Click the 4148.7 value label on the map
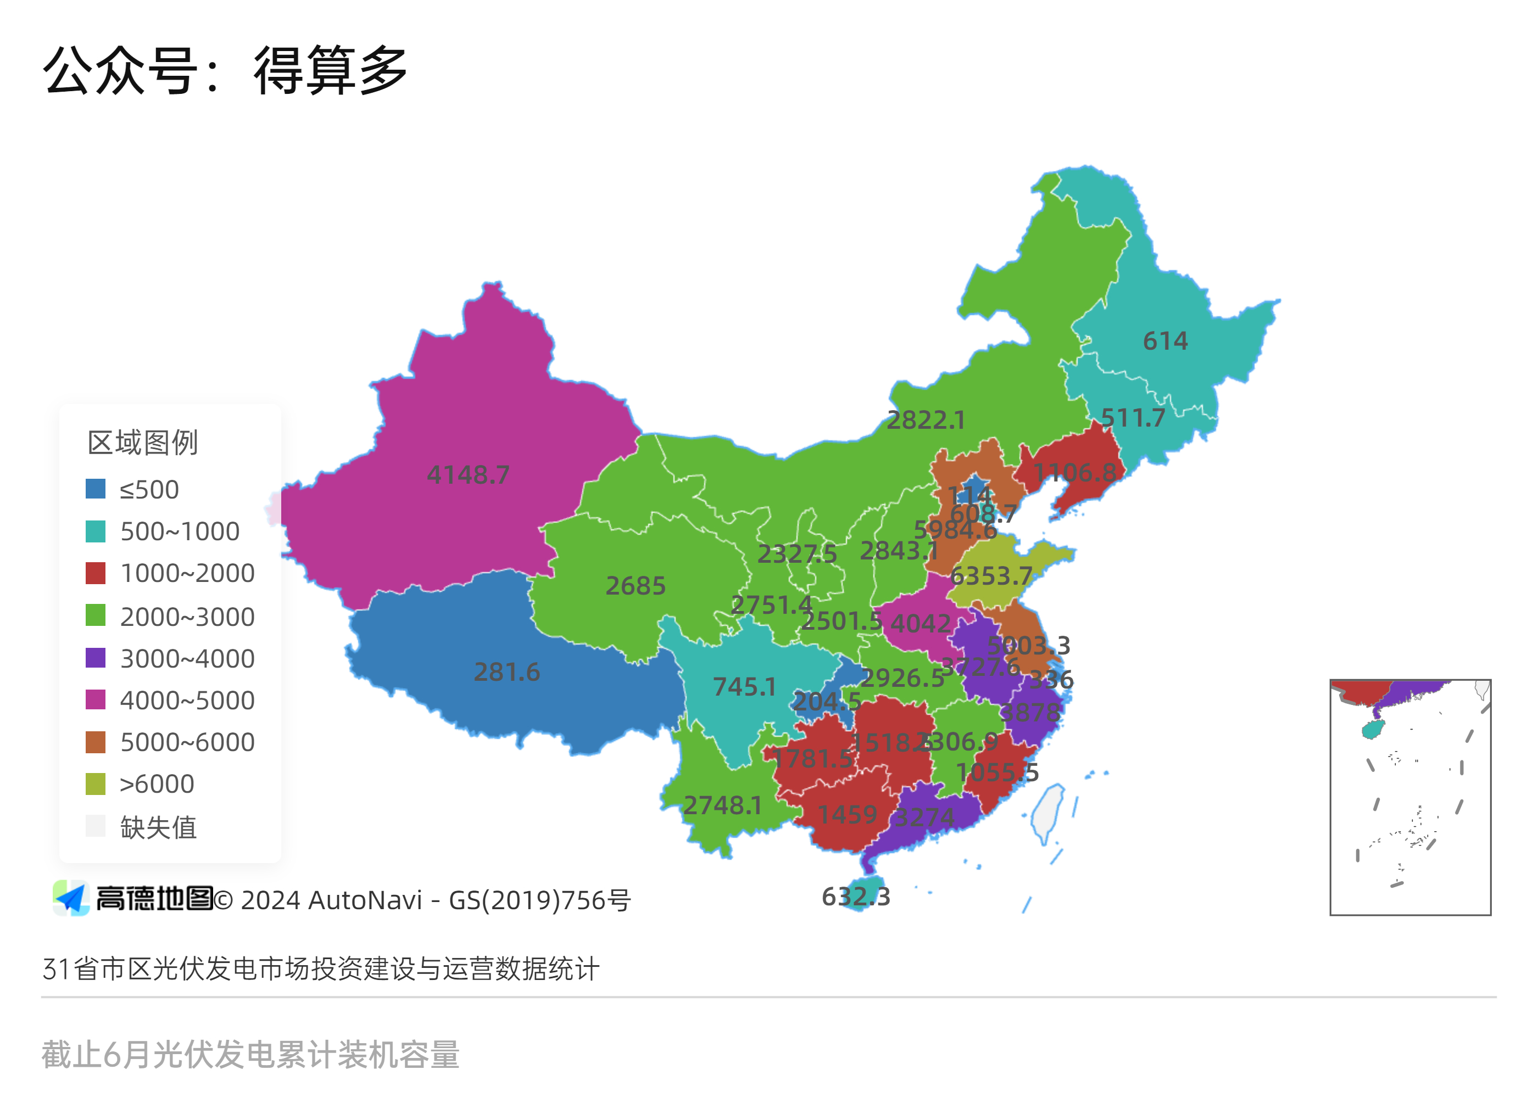coord(468,474)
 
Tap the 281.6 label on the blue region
coord(506,672)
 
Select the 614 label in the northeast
coord(1165,341)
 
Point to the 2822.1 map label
coord(926,421)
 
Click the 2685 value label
coord(636,586)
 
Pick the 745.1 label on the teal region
coord(744,687)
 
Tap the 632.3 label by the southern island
coord(856,897)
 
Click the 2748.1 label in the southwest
coord(722,805)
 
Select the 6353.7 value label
coord(991,576)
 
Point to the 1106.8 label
coord(1075,473)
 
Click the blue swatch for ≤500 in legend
coord(96,489)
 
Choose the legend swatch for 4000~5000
coord(96,699)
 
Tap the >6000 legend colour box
coord(96,784)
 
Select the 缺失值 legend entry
coord(158,827)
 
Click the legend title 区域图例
coord(142,443)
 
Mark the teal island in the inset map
coord(1372,730)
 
